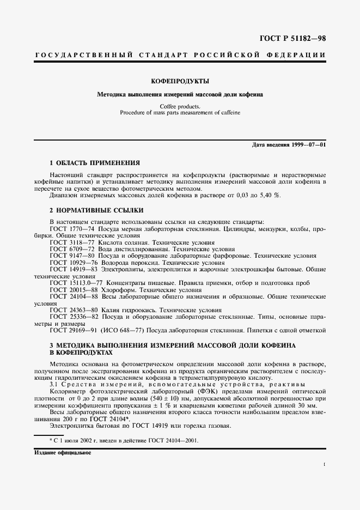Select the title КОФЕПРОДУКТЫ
click(180, 81)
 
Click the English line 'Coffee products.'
click(180, 106)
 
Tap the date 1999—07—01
click(304, 144)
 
